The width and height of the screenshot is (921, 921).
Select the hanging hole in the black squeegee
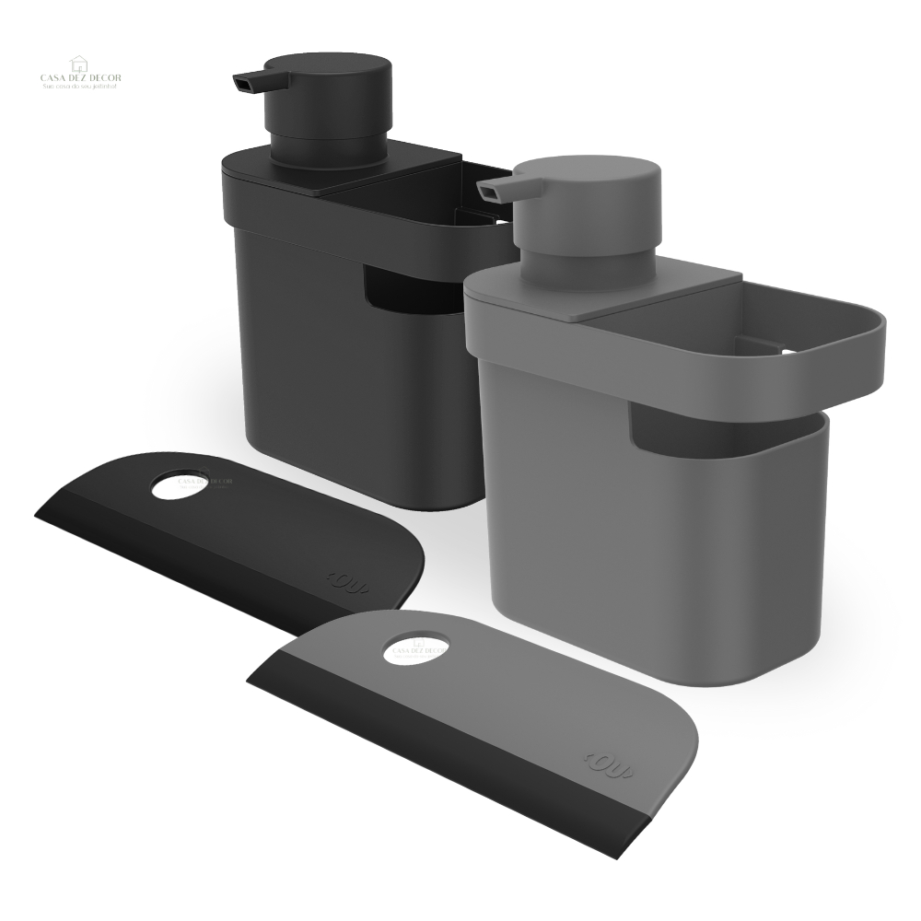pos(181,485)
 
